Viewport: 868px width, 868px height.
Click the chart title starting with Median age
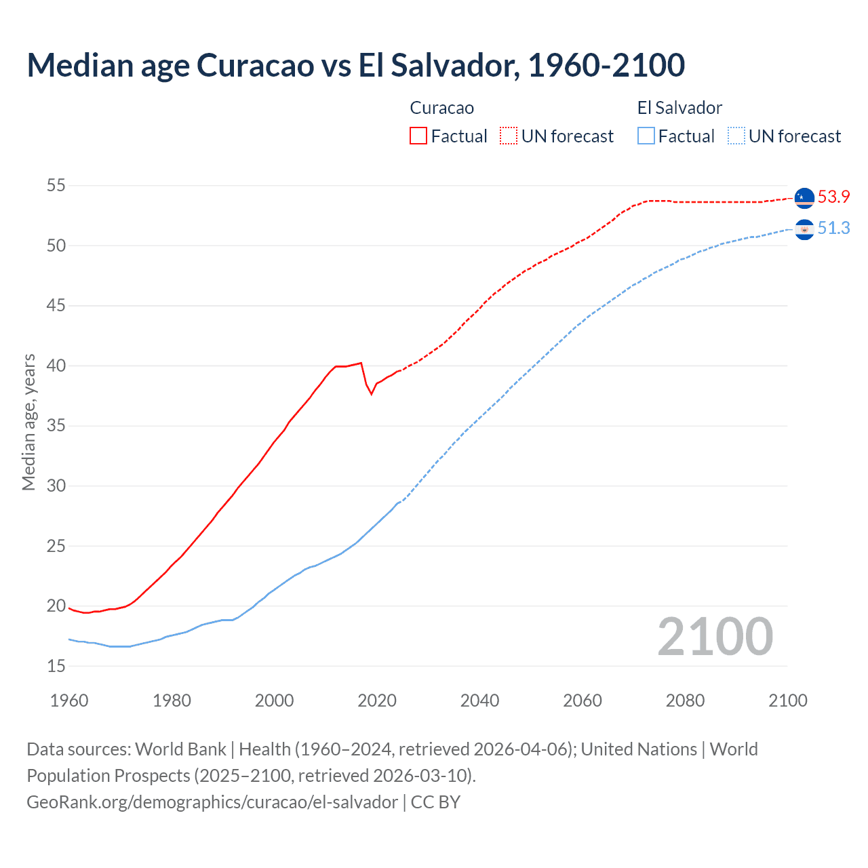[x=355, y=65]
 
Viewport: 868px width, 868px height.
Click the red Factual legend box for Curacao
[x=418, y=136]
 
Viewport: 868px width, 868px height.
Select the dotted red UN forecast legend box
[x=508, y=136]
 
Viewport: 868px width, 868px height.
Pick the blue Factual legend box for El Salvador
[x=646, y=136]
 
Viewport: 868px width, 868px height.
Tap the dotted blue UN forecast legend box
[x=736, y=136]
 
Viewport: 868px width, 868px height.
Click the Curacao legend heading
[x=441, y=108]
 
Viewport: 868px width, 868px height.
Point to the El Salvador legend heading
[x=679, y=108]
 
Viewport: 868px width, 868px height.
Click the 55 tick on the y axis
[x=56, y=186]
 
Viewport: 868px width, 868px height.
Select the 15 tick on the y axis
[x=56, y=667]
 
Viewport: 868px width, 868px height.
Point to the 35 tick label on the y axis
[x=56, y=427]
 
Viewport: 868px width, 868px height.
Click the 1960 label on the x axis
[x=69, y=701]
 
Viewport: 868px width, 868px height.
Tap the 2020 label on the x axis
[x=377, y=701]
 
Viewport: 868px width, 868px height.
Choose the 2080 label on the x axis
[x=685, y=701]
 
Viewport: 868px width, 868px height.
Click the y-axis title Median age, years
[x=28, y=422]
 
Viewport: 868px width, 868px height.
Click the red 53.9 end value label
[x=833, y=197]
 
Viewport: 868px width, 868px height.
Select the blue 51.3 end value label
[x=833, y=229]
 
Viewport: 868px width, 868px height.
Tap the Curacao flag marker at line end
[x=804, y=197]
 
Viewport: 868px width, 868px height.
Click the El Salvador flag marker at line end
[x=804, y=230]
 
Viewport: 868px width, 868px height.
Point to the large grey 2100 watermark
[x=715, y=636]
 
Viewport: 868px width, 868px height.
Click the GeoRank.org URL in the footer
[x=212, y=802]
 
